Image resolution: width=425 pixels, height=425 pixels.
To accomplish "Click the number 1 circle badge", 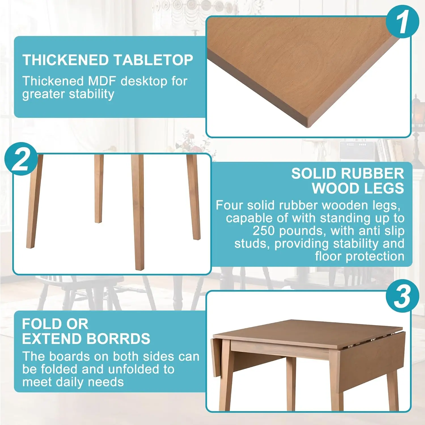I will [402, 22].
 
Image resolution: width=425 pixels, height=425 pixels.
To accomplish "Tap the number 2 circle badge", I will [21, 159].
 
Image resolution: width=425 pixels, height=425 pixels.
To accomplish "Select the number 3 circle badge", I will [402, 296].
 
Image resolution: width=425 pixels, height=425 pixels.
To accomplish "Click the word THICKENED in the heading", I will [65, 60].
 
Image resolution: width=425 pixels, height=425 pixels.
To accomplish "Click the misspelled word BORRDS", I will [118, 339].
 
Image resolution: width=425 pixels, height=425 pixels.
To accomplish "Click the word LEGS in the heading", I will [386, 188].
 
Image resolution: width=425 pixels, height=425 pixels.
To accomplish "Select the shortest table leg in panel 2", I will [98, 188].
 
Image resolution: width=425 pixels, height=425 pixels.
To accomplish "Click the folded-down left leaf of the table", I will [215, 357].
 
